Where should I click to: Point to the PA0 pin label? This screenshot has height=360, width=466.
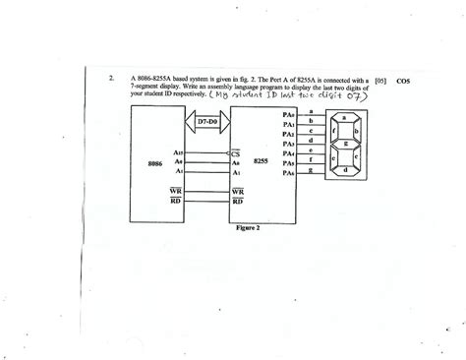(288, 116)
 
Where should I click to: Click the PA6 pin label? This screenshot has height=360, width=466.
(288, 173)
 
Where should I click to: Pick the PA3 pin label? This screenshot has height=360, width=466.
(288, 144)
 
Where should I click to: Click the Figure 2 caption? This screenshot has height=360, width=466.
(252, 237)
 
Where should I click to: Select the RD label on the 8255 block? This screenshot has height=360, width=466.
(237, 203)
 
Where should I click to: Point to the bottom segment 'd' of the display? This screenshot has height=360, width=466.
(345, 169)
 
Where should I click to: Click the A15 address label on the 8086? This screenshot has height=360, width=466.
(178, 152)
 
